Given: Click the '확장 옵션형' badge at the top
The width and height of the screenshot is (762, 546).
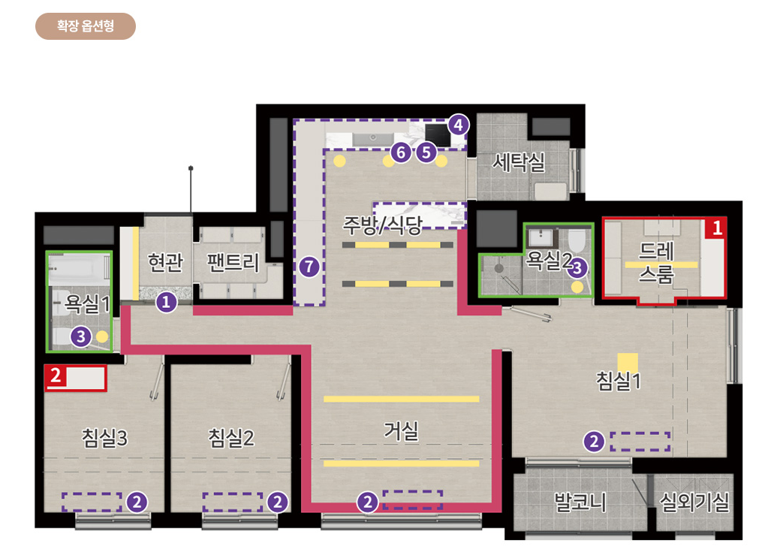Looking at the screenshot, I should tap(86, 26).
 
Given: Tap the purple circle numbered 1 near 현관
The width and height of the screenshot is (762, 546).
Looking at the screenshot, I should tap(166, 303).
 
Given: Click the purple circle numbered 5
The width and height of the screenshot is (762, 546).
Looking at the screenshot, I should tap(426, 152).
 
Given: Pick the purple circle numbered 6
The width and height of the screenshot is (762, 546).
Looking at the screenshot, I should tap(401, 152).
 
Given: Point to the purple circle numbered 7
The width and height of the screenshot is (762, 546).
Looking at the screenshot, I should tap(307, 266).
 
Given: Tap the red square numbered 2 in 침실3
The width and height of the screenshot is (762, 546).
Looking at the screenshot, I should tap(55, 376).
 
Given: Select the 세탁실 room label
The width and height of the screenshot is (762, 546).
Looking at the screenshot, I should tap(519, 162).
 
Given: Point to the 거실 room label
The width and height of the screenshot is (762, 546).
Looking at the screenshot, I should tap(401, 431).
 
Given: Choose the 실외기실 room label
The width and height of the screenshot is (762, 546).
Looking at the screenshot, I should tap(694, 500).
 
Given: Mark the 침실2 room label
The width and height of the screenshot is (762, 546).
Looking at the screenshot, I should tap(232, 437).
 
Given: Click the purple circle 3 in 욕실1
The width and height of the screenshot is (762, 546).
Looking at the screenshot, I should tap(81, 337).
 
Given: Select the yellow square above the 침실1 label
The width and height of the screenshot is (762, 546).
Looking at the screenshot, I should tap(628, 362).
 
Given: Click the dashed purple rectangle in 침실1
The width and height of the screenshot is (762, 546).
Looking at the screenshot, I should tap(640, 441).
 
